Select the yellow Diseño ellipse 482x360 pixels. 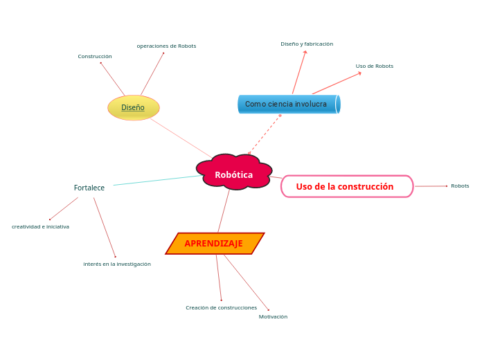tap(134, 107)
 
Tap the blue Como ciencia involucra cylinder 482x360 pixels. tap(288, 104)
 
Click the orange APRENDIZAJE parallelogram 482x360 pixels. tap(214, 244)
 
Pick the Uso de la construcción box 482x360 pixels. tap(346, 186)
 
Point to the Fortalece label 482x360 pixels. tap(89, 188)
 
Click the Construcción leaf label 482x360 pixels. tap(95, 56)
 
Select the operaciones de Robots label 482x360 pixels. tap(166, 46)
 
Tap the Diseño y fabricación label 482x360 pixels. tap(307, 44)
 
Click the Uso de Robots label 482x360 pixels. tap(375, 66)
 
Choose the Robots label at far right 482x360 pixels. tap(460, 186)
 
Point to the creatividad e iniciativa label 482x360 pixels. tap(40, 226)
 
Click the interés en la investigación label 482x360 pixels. tap(117, 264)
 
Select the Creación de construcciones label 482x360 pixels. tap(221, 307)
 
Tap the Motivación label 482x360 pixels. tap(273, 316)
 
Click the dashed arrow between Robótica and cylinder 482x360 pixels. tap(265, 134)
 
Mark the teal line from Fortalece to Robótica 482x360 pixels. tap(158, 180)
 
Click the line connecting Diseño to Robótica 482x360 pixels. tap(181, 138)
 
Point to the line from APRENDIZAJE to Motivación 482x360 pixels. tap(246, 282)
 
